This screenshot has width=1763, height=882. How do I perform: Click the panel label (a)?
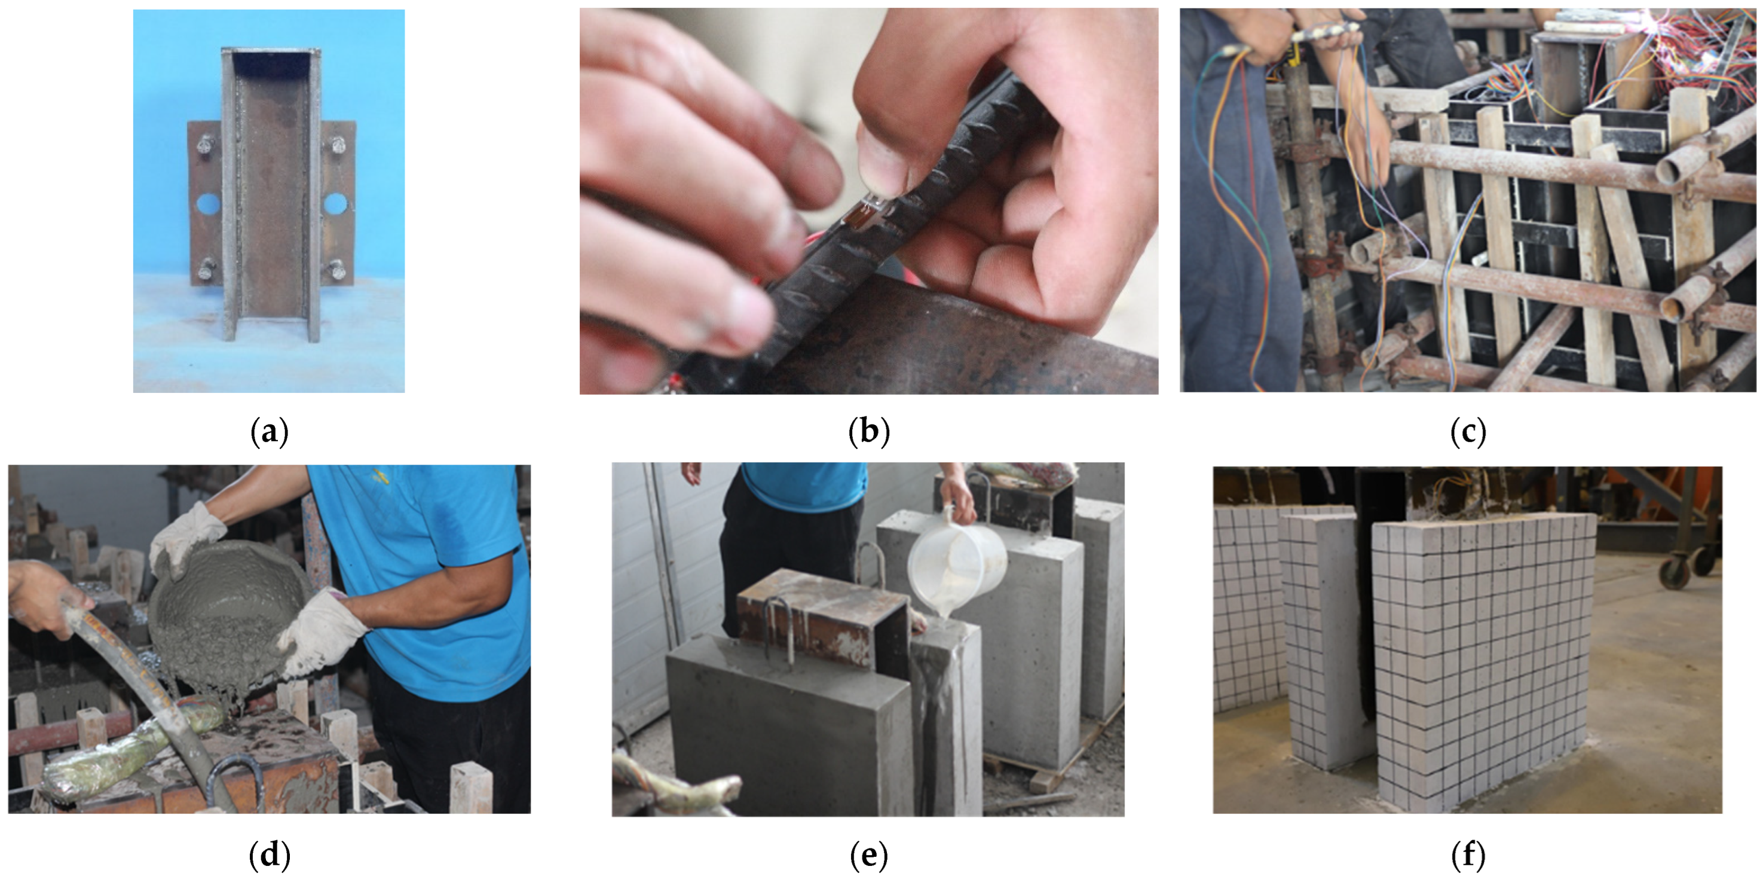point(270,432)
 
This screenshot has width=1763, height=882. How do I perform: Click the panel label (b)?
point(868,432)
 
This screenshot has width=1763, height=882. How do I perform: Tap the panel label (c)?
point(1467,432)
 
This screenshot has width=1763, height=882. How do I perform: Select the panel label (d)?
point(270,854)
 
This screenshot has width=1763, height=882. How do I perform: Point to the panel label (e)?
point(868,854)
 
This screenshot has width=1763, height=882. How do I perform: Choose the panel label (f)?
point(1467,854)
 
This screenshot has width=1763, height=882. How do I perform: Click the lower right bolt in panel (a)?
point(336,270)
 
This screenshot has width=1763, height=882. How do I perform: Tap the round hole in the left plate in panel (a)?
point(208,203)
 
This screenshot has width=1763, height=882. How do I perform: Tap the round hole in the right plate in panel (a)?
point(335,203)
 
